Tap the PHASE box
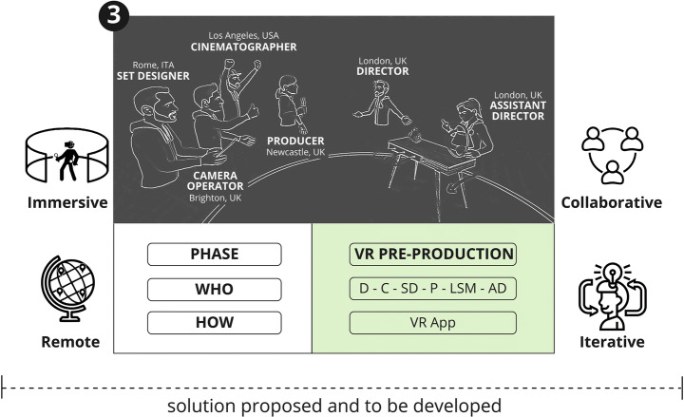point(215,254)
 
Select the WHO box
point(215,288)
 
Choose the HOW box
point(215,322)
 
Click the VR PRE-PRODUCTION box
point(432,254)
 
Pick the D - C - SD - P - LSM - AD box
point(432,288)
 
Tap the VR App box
point(432,322)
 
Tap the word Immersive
point(66,202)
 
